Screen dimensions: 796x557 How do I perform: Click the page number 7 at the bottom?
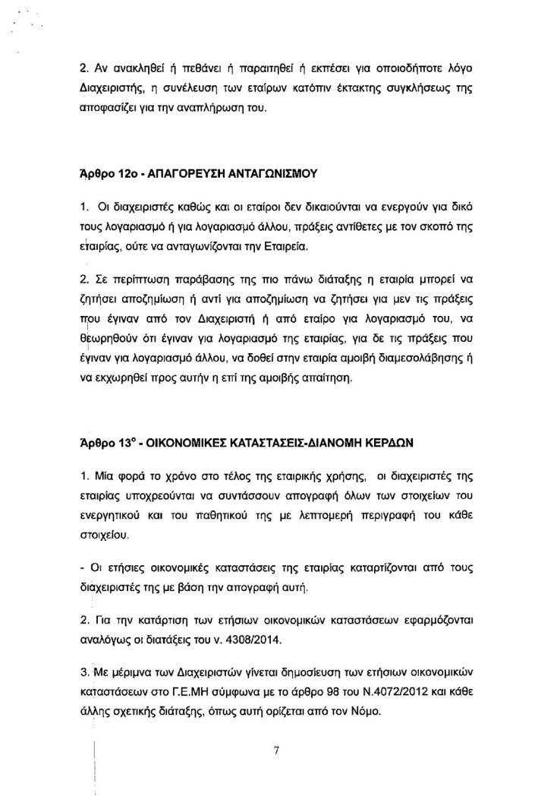(277, 730)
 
